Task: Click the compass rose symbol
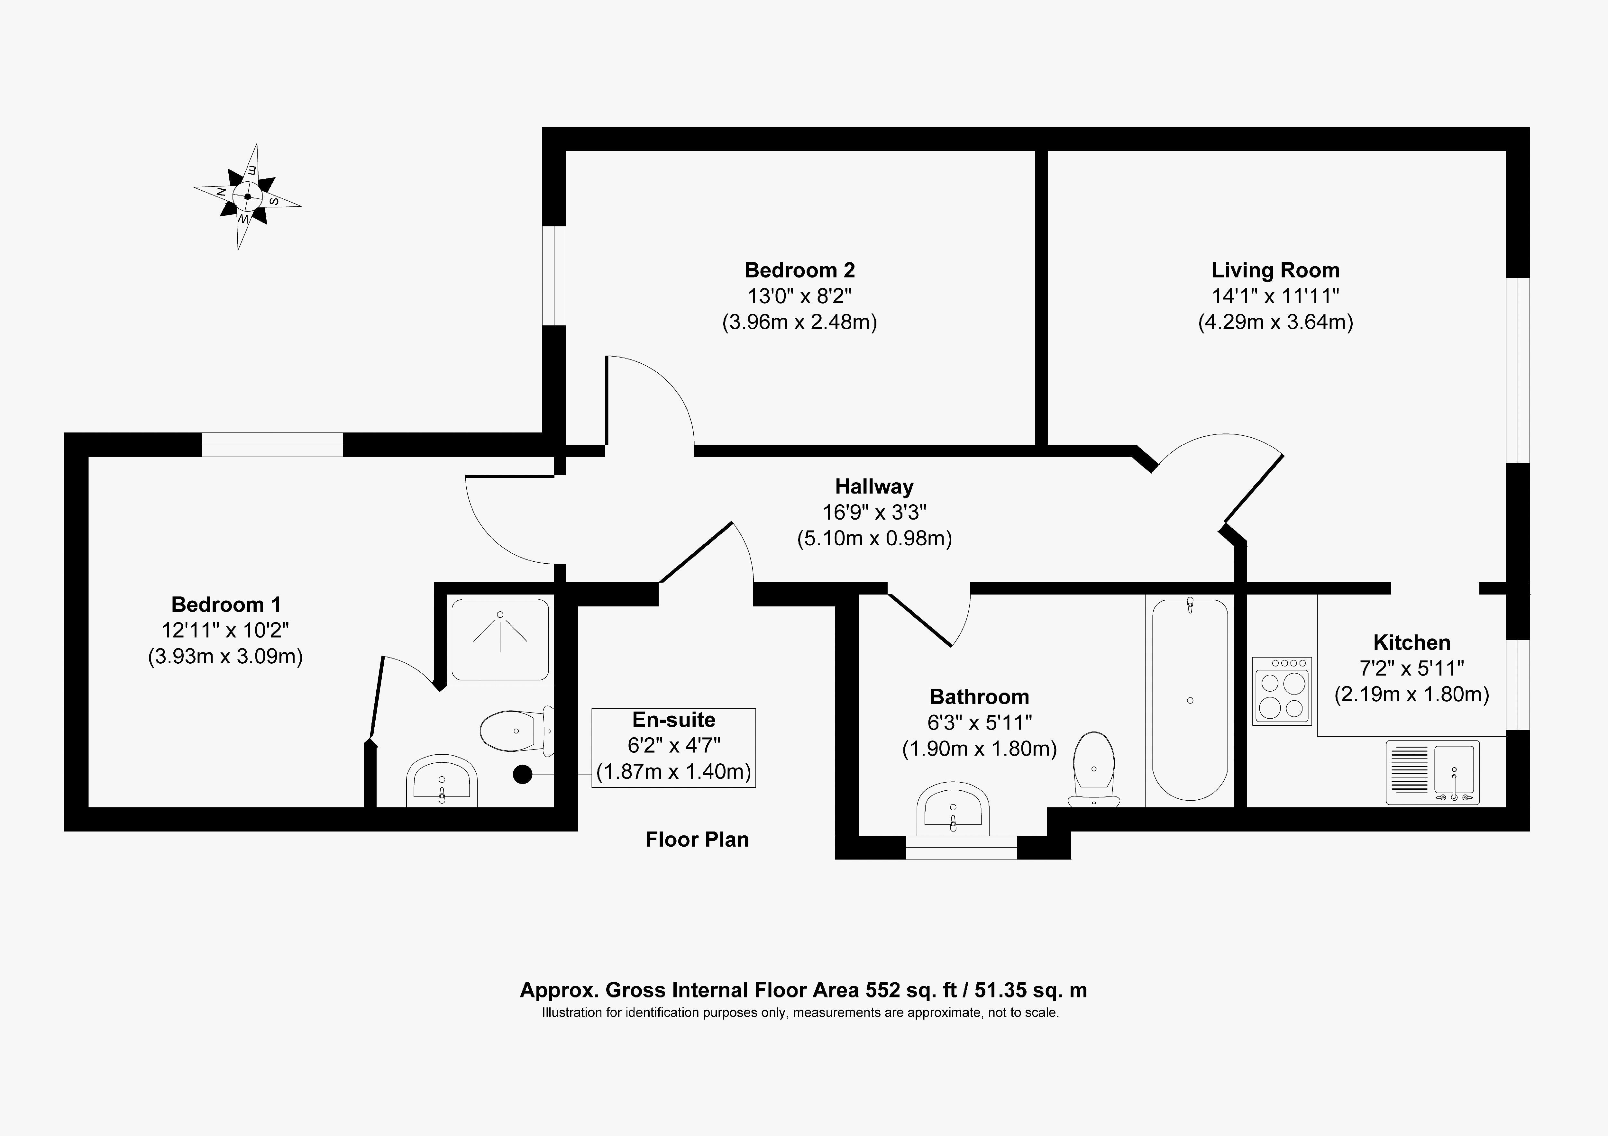coord(247,197)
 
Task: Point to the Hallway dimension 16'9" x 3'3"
coord(874,513)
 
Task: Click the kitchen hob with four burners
coord(1282,691)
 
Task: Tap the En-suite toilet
coord(517,731)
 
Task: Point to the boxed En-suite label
coord(674,747)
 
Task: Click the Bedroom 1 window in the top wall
coord(272,445)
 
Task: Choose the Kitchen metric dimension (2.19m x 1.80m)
coord(1411,694)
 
